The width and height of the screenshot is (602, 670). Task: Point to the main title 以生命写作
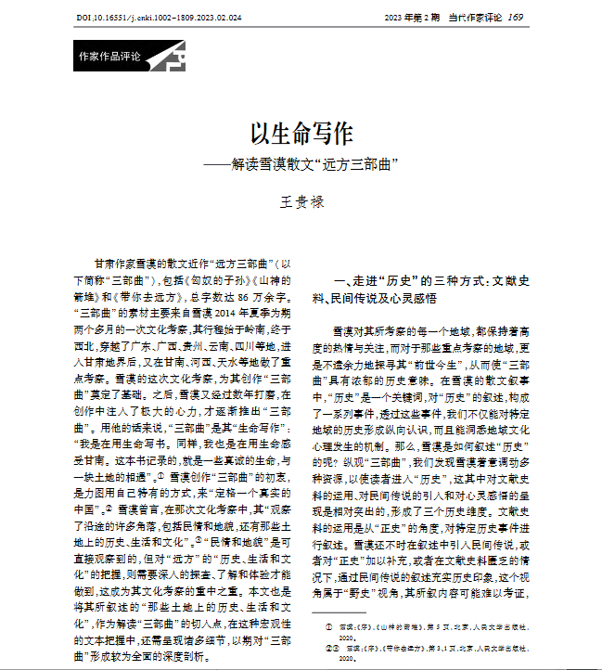tap(301, 134)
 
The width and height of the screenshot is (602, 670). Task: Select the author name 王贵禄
tap(301, 200)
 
